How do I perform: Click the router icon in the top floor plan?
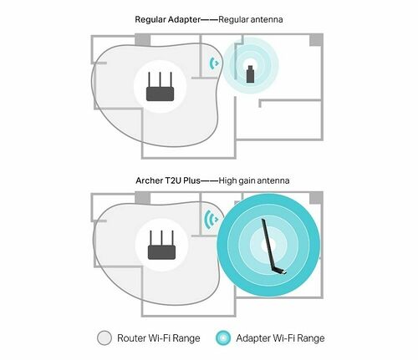coord(161,88)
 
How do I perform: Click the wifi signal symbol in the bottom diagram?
coord(210,221)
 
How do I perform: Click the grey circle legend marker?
coord(104,337)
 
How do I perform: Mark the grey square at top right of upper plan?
coord(316,39)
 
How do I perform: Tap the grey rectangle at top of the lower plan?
coord(143,196)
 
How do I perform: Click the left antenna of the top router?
coord(150,78)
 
